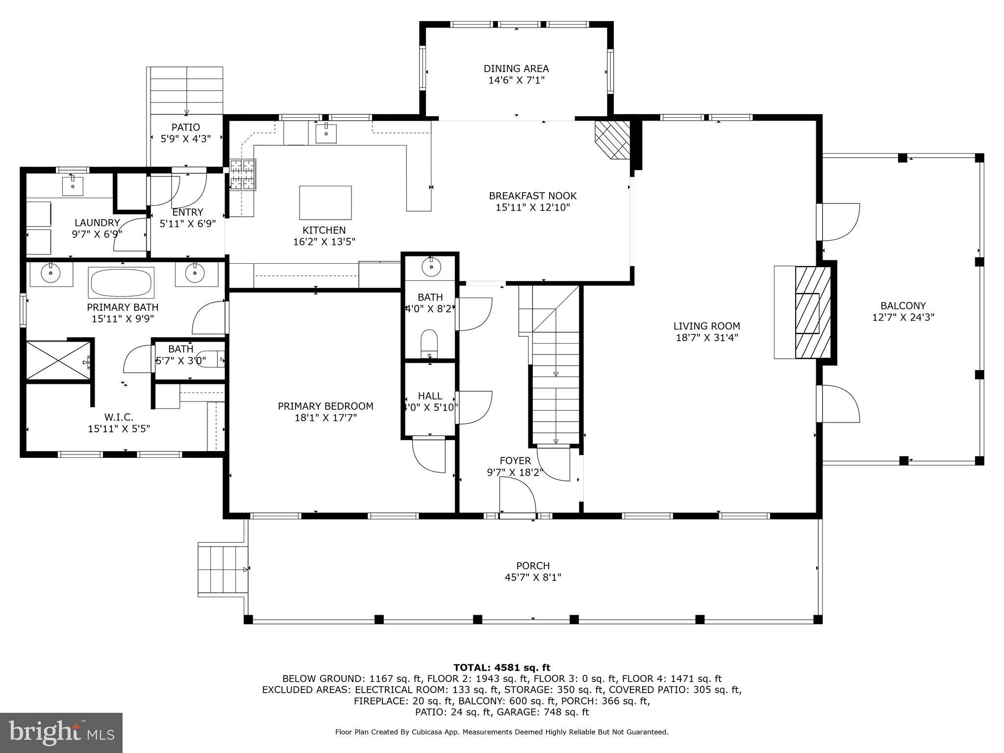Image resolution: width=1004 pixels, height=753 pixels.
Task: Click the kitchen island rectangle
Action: [x=325, y=202]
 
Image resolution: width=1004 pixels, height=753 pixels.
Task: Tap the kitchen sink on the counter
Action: [x=326, y=132]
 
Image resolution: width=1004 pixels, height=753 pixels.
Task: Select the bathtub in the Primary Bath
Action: [x=121, y=282]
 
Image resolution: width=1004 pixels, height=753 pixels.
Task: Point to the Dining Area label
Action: [x=516, y=69]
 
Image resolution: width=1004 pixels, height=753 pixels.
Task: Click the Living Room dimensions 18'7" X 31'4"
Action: [x=706, y=338]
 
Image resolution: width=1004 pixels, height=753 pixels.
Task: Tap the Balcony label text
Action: [x=903, y=306]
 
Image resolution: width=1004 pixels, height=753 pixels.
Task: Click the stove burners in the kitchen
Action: [x=243, y=175]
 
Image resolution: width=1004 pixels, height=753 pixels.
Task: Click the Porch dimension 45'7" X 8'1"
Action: [x=533, y=577]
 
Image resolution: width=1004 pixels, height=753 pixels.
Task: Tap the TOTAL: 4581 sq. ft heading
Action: [x=502, y=667]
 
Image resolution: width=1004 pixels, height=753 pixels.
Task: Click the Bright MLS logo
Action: [x=61, y=732]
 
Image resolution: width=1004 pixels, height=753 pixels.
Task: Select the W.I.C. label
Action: [x=119, y=417]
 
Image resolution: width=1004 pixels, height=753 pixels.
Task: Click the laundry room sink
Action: [x=74, y=186]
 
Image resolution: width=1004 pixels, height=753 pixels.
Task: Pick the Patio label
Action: [x=186, y=127]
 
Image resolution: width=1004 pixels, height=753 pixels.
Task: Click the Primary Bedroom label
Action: [x=326, y=406]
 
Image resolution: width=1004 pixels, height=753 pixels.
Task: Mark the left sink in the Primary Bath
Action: [x=50, y=273]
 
